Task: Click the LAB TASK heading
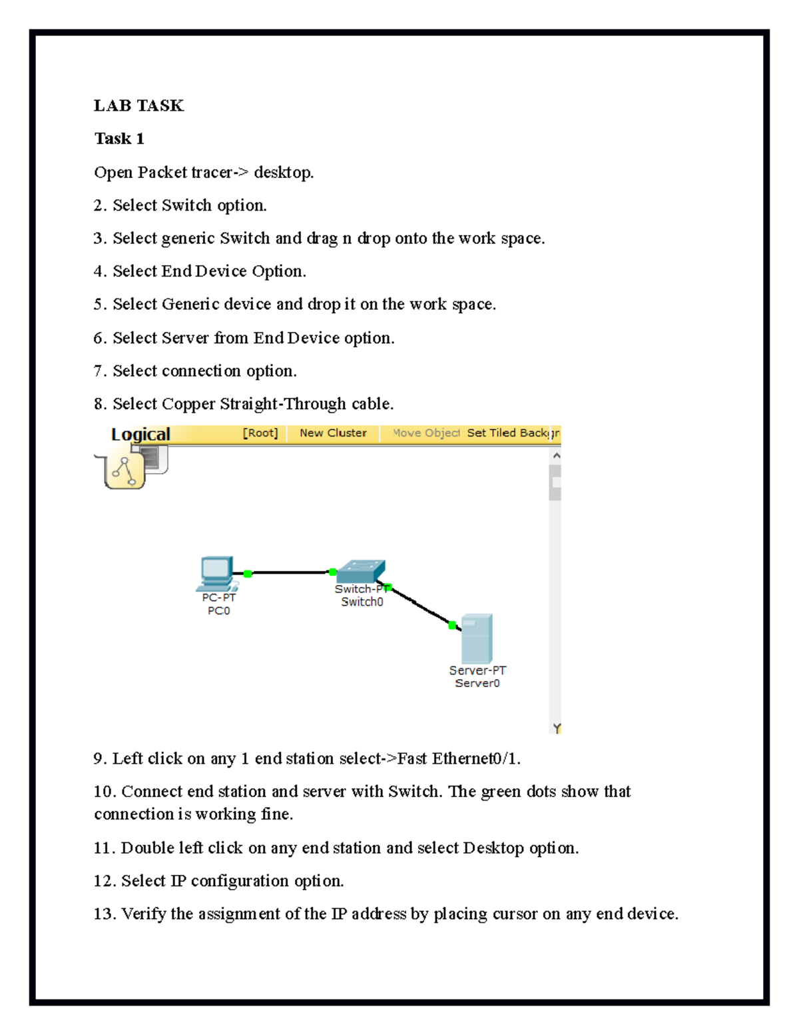tap(138, 105)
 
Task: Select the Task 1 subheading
tap(119, 139)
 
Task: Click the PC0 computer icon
tap(217, 573)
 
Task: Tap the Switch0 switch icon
tap(361, 571)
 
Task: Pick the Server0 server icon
tap(477, 638)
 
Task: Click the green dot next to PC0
tap(248, 574)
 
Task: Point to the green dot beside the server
tap(453, 625)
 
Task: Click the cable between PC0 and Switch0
tap(290, 572)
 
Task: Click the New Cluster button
tap(333, 433)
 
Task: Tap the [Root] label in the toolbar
tap(260, 433)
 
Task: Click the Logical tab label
tap(140, 435)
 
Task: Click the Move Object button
tap(426, 433)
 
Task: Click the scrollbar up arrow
tap(556, 456)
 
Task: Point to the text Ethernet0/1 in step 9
tap(475, 758)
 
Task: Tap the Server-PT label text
tap(477, 670)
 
